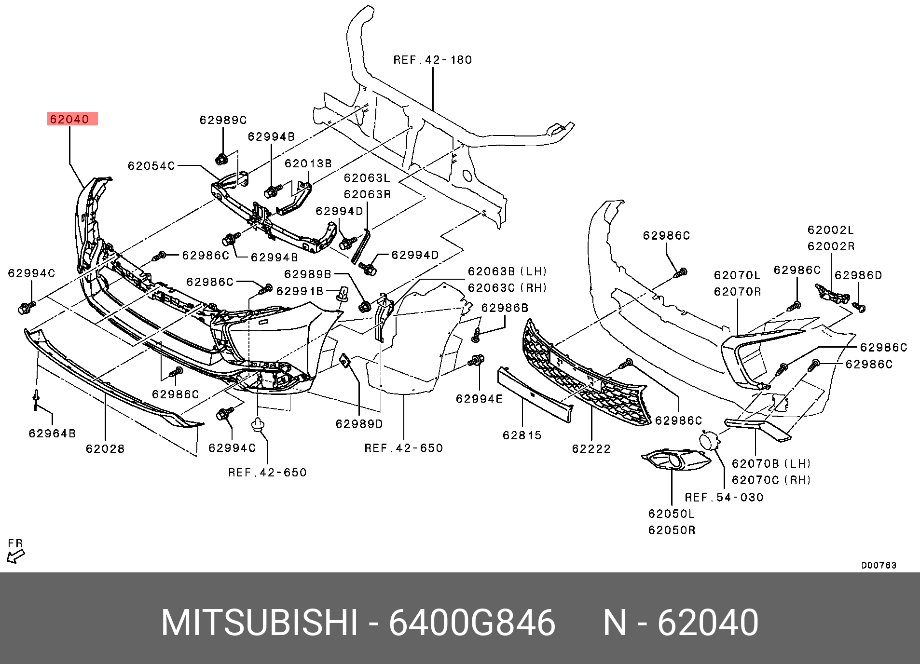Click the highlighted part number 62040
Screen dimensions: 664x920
(70, 119)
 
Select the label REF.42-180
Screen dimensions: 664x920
(432, 60)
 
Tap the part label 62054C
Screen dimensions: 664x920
(151, 166)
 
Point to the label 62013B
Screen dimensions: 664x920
(308, 163)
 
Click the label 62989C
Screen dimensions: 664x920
(223, 120)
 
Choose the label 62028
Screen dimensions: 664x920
(105, 449)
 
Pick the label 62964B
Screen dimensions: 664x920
(52, 434)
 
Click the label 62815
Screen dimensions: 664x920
(522, 435)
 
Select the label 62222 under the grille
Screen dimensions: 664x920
(591, 449)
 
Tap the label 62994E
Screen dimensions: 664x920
(479, 399)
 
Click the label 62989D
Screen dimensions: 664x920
(359, 424)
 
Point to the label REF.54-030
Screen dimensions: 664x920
(724, 497)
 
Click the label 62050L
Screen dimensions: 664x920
(672, 514)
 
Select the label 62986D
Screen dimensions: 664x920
(858, 275)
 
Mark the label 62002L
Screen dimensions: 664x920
(831, 230)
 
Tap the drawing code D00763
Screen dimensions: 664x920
(879, 565)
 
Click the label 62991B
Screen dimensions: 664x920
(300, 291)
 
